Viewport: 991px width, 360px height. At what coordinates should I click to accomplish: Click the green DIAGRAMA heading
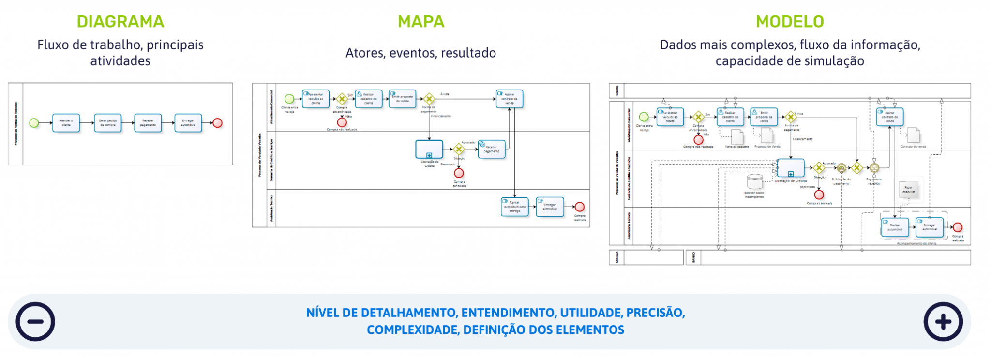[x=120, y=22]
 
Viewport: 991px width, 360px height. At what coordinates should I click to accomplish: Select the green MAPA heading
[x=421, y=22]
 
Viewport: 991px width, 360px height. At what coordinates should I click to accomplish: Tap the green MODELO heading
[x=790, y=22]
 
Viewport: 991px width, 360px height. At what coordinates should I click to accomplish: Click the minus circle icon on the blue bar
[x=35, y=322]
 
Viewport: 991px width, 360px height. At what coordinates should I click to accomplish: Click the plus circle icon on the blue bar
[x=943, y=322]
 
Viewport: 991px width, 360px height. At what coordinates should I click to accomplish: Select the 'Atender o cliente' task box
[x=66, y=123]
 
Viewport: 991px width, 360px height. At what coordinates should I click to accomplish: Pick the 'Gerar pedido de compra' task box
[x=107, y=123]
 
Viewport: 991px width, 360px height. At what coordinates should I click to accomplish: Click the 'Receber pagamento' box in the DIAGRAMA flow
[x=148, y=123]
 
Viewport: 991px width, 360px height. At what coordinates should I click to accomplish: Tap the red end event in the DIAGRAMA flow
[x=218, y=123]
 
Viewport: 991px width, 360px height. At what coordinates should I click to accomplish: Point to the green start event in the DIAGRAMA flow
[x=34, y=123]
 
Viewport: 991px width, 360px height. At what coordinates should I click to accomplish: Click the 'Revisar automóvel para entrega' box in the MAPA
[x=514, y=207]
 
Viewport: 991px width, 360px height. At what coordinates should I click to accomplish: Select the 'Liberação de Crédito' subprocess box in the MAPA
[x=429, y=150]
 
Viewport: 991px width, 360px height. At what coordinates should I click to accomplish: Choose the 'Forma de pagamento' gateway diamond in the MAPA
[x=429, y=99]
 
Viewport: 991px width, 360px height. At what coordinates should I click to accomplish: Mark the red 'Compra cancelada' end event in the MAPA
[x=459, y=173]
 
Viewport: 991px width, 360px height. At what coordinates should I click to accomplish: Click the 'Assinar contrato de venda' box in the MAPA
[x=509, y=99]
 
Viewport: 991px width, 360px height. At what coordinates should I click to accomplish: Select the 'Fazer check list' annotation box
[x=908, y=190]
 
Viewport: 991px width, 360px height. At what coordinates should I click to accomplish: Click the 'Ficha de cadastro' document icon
[x=736, y=136]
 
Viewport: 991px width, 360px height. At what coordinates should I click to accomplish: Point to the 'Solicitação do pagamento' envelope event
[x=841, y=168]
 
